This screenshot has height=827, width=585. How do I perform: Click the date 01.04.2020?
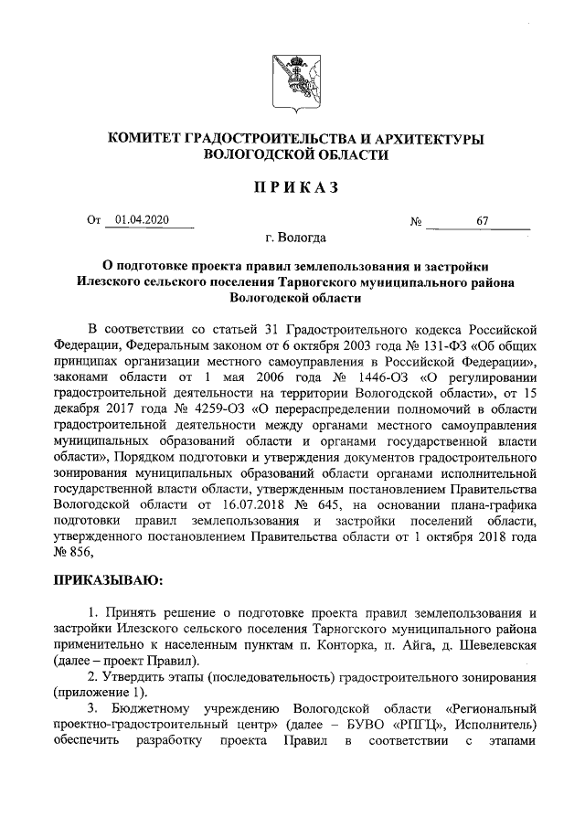(143, 221)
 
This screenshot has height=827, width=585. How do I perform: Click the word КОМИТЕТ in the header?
(144, 138)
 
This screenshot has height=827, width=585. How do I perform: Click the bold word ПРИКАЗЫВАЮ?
(107, 580)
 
